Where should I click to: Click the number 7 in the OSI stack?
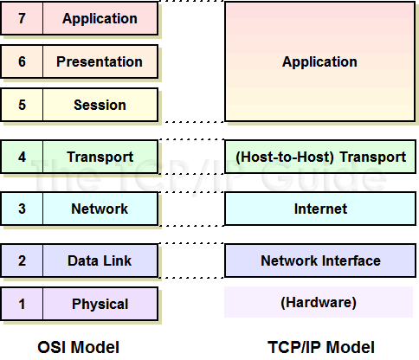point(22,18)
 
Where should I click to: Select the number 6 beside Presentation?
point(22,61)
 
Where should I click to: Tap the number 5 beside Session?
point(22,105)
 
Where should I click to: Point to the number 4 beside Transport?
point(22,157)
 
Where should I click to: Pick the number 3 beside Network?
point(22,209)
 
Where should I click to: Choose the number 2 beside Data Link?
point(22,260)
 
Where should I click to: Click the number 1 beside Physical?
point(22,304)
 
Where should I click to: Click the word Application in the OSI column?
point(100,18)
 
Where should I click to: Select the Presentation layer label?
point(100,61)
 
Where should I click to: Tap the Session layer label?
point(100,105)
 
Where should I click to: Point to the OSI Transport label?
point(100,157)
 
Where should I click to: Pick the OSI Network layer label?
point(100,209)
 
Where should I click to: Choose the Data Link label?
point(100,260)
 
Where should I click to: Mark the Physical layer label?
point(100,304)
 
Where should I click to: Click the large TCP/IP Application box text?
point(319,61)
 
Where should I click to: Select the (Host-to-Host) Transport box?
point(319,157)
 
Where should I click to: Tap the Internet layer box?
point(319,209)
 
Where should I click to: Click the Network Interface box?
point(319,260)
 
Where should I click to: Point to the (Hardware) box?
point(319,303)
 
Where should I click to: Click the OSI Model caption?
point(79,347)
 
